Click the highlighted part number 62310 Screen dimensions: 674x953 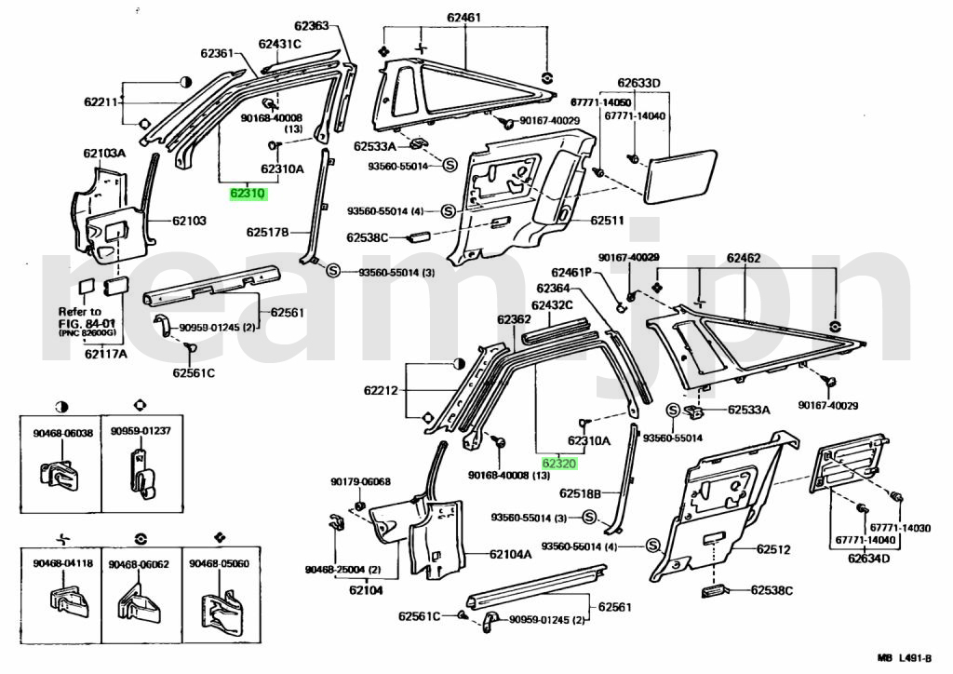coord(249,194)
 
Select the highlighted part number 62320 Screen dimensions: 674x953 coord(561,462)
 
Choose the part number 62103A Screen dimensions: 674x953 coord(103,154)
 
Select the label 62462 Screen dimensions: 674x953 coord(744,257)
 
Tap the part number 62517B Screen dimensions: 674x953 coord(268,232)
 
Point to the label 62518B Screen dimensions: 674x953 coord(581,493)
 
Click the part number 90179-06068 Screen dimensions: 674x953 coord(360,481)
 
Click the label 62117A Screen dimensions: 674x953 coord(104,353)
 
